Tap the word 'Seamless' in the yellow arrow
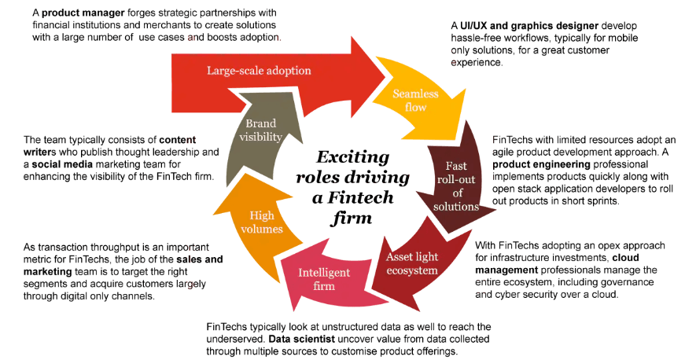pos(415,94)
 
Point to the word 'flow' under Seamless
pos(415,107)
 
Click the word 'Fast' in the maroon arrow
pos(456,167)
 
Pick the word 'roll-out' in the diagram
pos(456,180)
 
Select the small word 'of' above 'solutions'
pos(456,193)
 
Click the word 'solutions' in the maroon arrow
pos(456,207)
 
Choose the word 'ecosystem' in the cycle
pos(412,271)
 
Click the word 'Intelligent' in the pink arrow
pos(324,273)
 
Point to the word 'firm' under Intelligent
pos(324,286)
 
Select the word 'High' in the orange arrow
pos(261,215)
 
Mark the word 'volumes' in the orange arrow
pos(261,229)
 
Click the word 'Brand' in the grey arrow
pos(260,123)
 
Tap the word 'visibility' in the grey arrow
pos(260,137)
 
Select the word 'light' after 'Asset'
pos(437,258)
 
